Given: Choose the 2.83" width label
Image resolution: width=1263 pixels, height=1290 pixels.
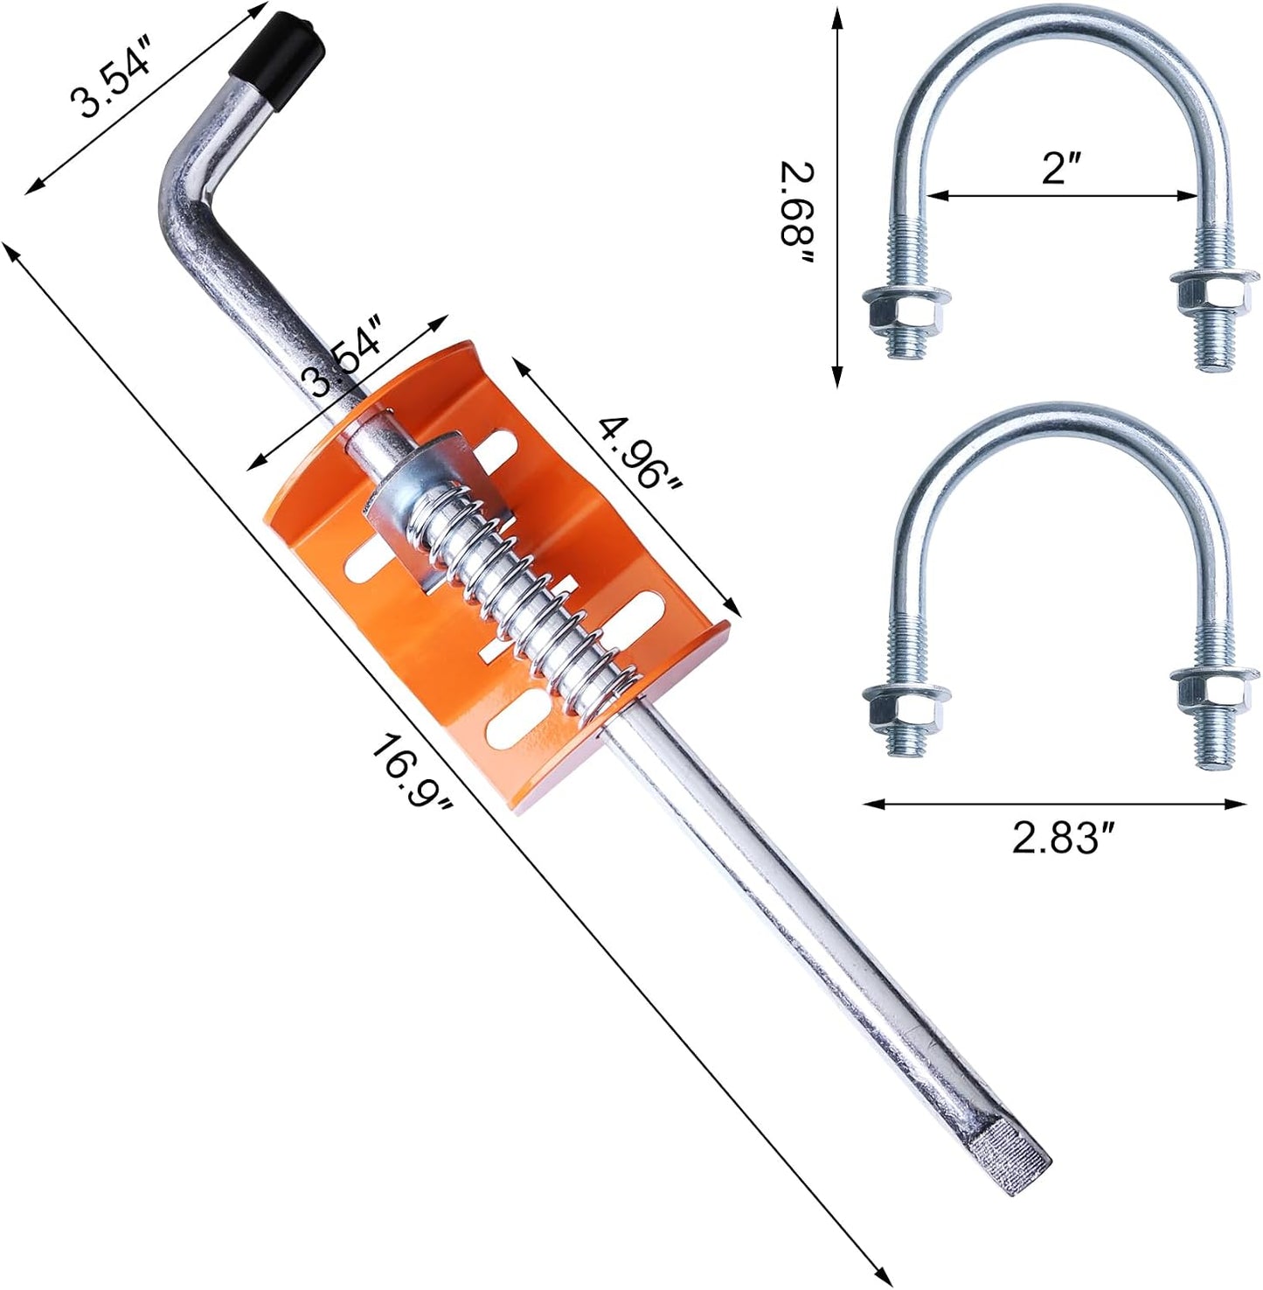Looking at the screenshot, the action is coord(1065,837).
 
